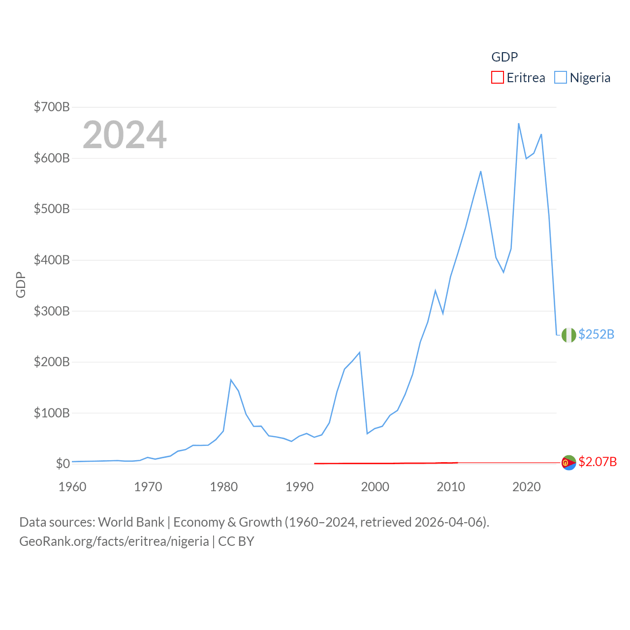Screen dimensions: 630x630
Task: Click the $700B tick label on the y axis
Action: pyautogui.click(x=52, y=107)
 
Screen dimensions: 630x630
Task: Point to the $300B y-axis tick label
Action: pyautogui.click(x=52, y=311)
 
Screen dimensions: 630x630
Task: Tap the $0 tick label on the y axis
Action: pyautogui.click(x=63, y=464)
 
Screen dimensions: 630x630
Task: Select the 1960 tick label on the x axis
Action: pyautogui.click(x=72, y=487)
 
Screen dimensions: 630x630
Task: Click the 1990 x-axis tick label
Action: pyautogui.click(x=299, y=487)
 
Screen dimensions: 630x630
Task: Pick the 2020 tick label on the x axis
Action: pyautogui.click(x=526, y=487)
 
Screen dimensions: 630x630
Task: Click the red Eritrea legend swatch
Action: pyautogui.click(x=498, y=78)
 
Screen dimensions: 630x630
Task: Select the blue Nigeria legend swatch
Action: pyautogui.click(x=561, y=78)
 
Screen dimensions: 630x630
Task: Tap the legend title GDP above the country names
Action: pyautogui.click(x=504, y=57)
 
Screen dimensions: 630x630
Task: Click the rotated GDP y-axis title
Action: pyautogui.click(x=21, y=284)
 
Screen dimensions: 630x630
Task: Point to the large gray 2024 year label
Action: pyautogui.click(x=125, y=135)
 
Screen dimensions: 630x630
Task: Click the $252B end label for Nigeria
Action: pyautogui.click(x=596, y=335)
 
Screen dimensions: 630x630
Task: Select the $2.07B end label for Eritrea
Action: pyautogui.click(x=598, y=462)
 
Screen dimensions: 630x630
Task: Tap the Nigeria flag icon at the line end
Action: pyautogui.click(x=569, y=335)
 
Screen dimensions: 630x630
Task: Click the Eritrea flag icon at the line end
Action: pyautogui.click(x=569, y=463)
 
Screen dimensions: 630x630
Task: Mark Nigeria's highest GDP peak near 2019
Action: pyautogui.click(x=519, y=124)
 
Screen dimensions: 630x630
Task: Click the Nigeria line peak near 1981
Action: pyautogui.click(x=231, y=380)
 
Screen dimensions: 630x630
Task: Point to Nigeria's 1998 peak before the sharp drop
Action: pyautogui.click(x=360, y=352)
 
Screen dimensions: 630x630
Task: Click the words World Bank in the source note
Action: pyautogui.click(x=131, y=522)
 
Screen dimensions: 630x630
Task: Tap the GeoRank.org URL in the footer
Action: pyautogui.click(x=114, y=541)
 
